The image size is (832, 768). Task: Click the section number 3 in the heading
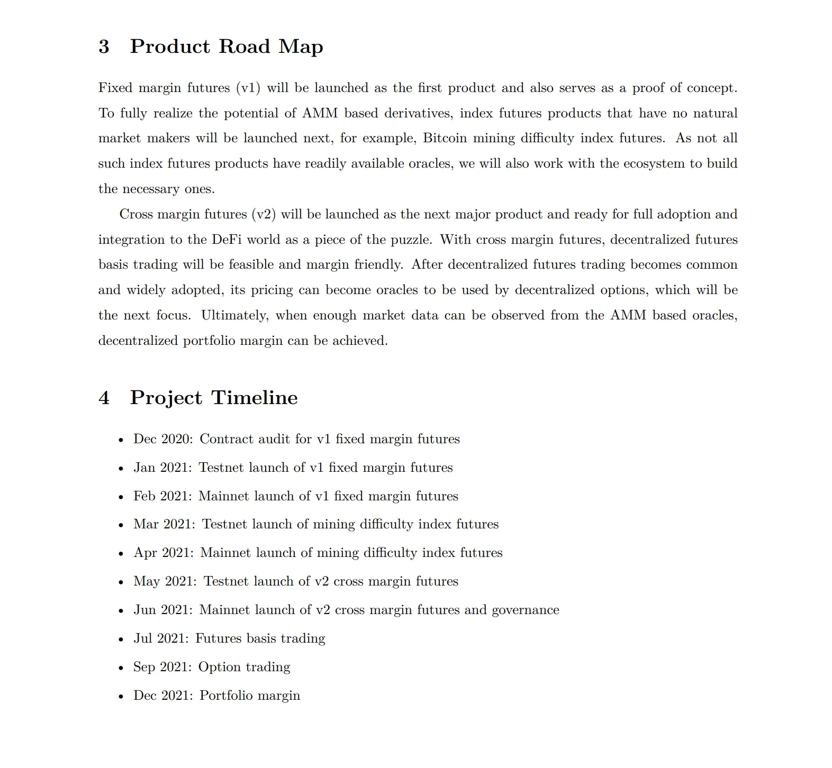point(104,47)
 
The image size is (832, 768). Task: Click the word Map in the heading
point(301,47)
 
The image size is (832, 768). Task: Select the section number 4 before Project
point(104,398)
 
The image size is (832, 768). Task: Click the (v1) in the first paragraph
point(248,88)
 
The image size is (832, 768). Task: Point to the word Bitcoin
point(445,138)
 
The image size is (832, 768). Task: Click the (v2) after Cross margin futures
point(264,214)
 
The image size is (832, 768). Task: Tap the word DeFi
point(227,240)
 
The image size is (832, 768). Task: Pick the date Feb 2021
point(162,496)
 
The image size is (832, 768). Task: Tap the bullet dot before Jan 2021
point(121,469)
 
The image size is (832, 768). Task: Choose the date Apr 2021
point(163,553)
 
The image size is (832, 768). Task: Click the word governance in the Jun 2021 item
point(525,610)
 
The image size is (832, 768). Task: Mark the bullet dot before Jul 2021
point(121,639)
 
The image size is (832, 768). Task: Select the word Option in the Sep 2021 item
point(218,667)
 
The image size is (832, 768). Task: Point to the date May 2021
point(165,581)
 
